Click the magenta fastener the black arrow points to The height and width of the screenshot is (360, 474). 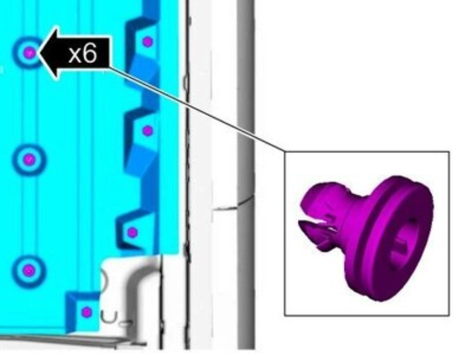pyautogui.click(x=29, y=53)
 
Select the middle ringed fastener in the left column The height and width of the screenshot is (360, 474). pyautogui.click(x=29, y=159)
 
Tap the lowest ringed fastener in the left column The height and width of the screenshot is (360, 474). pyautogui.click(x=29, y=270)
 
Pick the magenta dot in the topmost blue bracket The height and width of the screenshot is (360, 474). pyautogui.click(x=147, y=42)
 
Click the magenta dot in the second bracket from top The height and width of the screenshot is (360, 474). pyautogui.click(x=147, y=131)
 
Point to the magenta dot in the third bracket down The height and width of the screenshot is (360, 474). pyautogui.click(x=132, y=232)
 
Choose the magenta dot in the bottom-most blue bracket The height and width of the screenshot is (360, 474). pyautogui.click(x=87, y=312)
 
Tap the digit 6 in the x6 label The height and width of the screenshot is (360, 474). pyautogui.click(x=89, y=53)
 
